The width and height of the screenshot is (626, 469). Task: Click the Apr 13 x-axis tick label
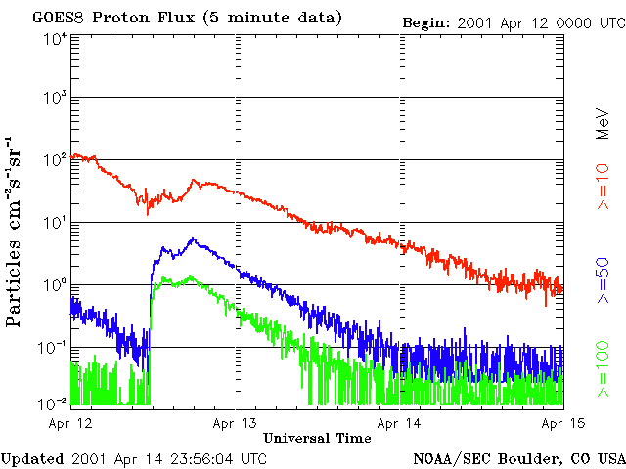click(x=236, y=423)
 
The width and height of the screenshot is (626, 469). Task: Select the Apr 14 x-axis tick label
click(x=401, y=423)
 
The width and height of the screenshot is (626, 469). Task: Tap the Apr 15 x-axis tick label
click(x=564, y=423)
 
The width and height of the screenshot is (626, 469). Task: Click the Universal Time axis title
click(x=317, y=438)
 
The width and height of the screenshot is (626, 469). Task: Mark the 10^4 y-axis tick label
click(x=55, y=39)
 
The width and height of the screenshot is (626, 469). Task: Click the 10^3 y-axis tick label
click(x=55, y=99)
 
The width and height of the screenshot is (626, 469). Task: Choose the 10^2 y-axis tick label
click(x=55, y=160)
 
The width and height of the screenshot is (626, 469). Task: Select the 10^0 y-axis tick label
click(x=55, y=285)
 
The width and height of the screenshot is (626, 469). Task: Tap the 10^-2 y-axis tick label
click(x=53, y=403)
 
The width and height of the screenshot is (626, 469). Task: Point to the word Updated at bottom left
click(x=32, y=457)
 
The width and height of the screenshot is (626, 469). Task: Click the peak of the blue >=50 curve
click(x=193, y=238)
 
